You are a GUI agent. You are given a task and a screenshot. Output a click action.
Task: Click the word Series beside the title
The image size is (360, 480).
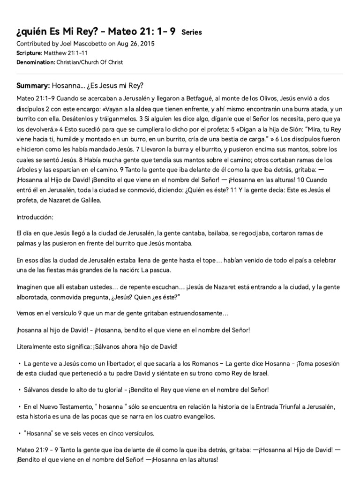pyautogui.click(x=191, y=32)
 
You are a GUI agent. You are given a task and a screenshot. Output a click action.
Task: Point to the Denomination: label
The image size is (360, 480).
pyautogui.click(x=36, y=62)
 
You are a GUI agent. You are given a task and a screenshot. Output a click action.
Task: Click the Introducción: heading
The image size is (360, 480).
pyautogui.click(x=35, y=217)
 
